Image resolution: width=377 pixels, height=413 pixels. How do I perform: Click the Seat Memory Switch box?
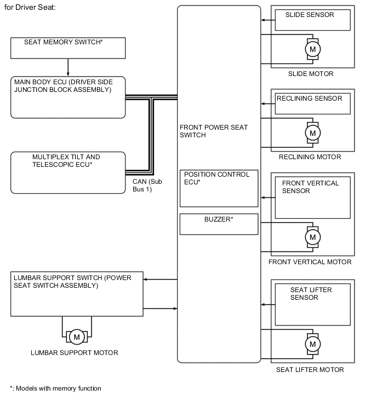[68, 48]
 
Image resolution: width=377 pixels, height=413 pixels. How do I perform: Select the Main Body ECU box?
[68, 97]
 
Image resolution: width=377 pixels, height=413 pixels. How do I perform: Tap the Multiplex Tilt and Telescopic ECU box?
[68, 172]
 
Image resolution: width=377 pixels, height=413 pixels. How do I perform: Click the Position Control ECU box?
[219, 188]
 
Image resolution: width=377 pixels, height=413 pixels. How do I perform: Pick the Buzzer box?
[219, 224]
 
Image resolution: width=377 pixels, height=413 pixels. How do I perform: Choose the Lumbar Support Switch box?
[77, 293]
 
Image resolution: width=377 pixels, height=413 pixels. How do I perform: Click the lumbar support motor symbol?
[77, 336]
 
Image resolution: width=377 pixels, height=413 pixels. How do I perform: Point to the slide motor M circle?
[313, 49]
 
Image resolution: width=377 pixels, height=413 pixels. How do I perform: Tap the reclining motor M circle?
[313, 132]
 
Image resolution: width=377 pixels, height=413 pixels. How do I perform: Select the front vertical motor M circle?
[313, 237]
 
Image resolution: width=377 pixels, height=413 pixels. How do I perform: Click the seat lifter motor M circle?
[313, 344]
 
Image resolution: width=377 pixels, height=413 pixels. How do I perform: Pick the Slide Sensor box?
[312, 20]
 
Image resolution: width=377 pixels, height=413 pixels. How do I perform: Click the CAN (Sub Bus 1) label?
[147, 185]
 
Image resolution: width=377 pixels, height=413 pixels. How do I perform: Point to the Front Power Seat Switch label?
[214, 131]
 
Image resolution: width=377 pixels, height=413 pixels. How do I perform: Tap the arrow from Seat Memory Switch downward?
[68, 67]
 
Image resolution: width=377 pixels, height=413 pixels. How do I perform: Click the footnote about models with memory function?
[55, 388]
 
